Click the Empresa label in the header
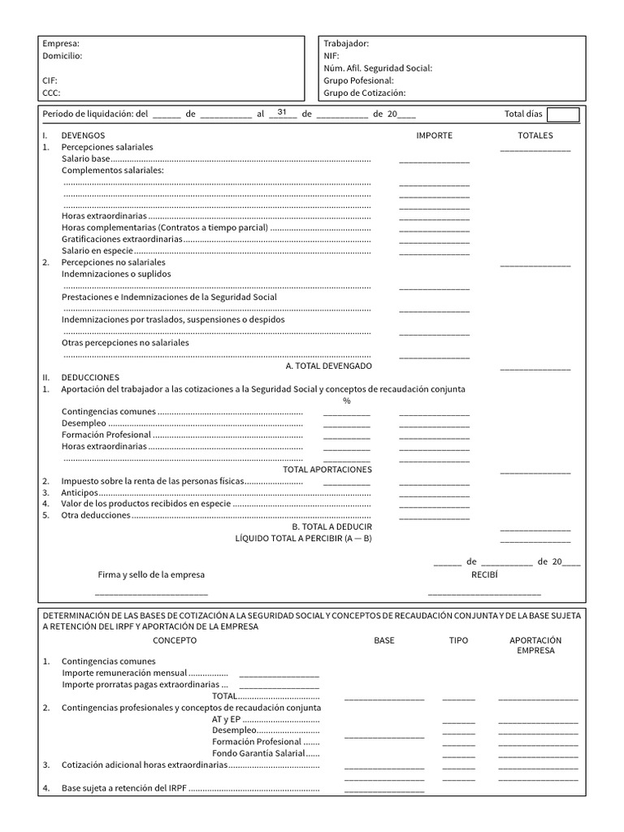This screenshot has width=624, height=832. coord(60,44)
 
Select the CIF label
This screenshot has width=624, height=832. coord(50,81)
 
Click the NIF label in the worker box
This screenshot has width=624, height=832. coord(331,56)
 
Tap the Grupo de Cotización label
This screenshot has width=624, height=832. coord(364,93)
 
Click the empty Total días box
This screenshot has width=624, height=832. coord(563,115)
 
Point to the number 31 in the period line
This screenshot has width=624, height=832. coord(282,112)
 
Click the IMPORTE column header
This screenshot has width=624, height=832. coord(434,136)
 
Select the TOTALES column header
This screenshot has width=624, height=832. coord(535,136)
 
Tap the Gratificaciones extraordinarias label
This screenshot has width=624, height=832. coord(122,240)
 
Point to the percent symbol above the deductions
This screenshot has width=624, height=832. coord(346,401)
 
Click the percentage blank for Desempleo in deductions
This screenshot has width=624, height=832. coord(346,423)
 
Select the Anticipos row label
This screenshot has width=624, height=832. coord(80,492)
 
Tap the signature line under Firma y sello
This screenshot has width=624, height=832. coord(153,595)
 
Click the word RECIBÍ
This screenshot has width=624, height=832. coord(484,574)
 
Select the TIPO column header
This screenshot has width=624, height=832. coord(458,640)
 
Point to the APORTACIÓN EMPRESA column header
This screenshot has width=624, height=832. coord(535,645)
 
